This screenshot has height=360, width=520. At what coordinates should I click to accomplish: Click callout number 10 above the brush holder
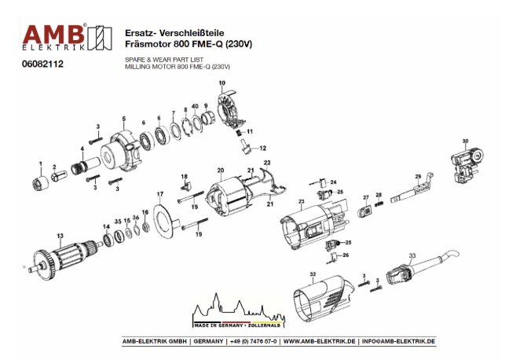(x=222, y=83)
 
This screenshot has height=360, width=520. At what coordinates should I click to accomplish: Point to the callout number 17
(x=159, y=193)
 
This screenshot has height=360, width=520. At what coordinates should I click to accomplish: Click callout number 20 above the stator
(x=221, y=170)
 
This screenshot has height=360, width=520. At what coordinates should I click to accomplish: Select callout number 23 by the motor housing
(x=301, y=202)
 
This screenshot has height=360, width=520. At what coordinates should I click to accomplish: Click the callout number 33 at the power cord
(x=412, y=256)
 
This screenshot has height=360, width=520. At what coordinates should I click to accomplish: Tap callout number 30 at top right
(x=465, y=141)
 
